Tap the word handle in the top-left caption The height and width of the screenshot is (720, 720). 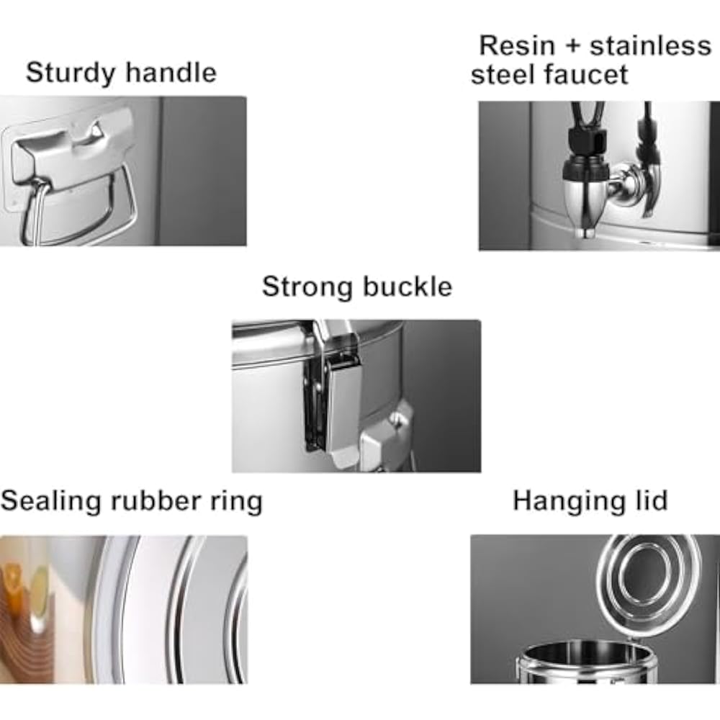click(x=171, y=72)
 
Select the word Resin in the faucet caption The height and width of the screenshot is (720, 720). click(x=517, y=46)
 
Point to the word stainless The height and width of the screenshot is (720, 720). click(x=650, y=46)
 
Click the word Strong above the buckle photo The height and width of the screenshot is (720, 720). click(x=308, y=288)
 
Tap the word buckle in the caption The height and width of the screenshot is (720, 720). click(x=408, y=287)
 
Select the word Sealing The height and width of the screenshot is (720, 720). click(x=50, y=501)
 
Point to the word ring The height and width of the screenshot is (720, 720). click(x=236, y=502)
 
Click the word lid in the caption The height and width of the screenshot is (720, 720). click(x=651, y=500)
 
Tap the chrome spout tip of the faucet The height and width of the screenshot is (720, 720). click(x=586, y=233)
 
